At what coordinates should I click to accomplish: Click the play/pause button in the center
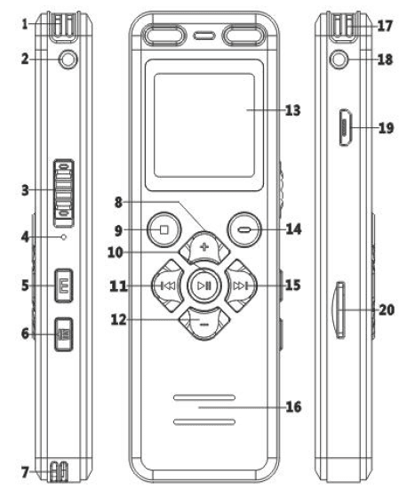point(204,285)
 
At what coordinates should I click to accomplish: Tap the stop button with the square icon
point(164,230)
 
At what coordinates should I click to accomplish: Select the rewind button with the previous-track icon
point(167,285)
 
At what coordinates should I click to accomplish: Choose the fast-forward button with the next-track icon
point(241,285)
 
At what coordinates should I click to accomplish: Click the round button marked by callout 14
point(244,230)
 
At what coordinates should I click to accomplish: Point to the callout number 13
point(293,110)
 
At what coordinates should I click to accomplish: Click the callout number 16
point(293,407)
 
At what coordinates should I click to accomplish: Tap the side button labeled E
point(64,285)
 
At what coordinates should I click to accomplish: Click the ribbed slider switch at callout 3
point(64,193)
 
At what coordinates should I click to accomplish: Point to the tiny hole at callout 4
point(64,237)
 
